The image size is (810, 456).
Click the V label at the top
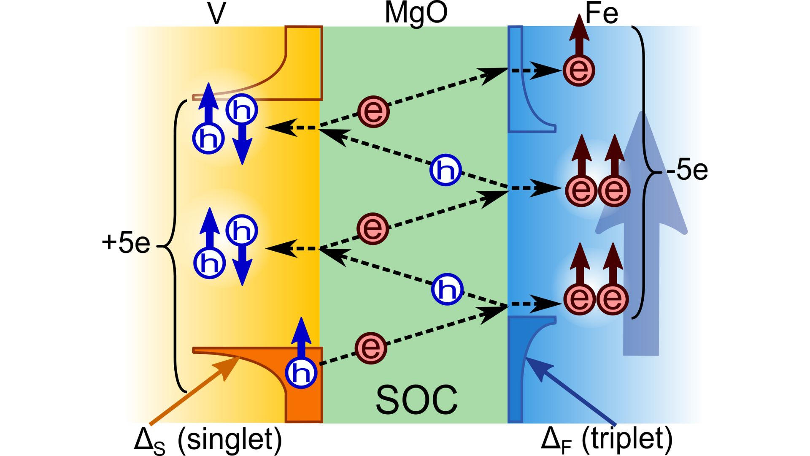tap(217, 14)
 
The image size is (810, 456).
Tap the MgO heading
tap(416, 13)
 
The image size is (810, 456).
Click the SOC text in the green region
tap(416, 399)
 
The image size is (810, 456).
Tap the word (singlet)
tap(230, 440)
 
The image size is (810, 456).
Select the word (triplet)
tap(627, 439)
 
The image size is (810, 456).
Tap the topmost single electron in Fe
tap(579, 70)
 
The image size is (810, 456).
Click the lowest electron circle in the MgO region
tap(371, 347)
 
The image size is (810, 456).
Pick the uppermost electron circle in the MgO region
tap(373, 111)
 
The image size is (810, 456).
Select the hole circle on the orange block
tap(301, 372)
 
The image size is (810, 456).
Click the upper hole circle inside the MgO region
tap(445, 170)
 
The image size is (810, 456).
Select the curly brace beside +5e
tap(175, 245)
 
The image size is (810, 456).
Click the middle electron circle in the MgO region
tap(373, 228)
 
